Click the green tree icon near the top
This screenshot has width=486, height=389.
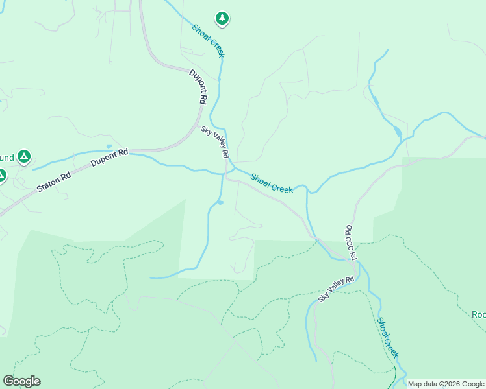point(222,18)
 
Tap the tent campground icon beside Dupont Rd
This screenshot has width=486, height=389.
point(24,157)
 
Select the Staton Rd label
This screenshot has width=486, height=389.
point(53,181)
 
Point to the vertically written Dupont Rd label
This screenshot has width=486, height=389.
point(198,87)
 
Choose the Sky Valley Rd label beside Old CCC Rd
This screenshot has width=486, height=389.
point(336,289)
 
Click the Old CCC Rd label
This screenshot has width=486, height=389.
point(350,242)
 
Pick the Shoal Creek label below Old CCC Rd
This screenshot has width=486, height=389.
point(388,338)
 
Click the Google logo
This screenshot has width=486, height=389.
point(21,381)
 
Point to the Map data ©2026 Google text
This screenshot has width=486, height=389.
point(446,384)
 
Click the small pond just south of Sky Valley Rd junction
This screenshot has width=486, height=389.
point(220,203)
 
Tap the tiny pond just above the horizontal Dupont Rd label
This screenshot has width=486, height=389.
point(109,147)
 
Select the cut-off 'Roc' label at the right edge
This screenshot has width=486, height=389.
point(478,315)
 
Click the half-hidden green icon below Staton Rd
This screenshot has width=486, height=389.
point(2,175)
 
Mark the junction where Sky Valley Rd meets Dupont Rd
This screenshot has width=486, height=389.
point(225,174)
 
